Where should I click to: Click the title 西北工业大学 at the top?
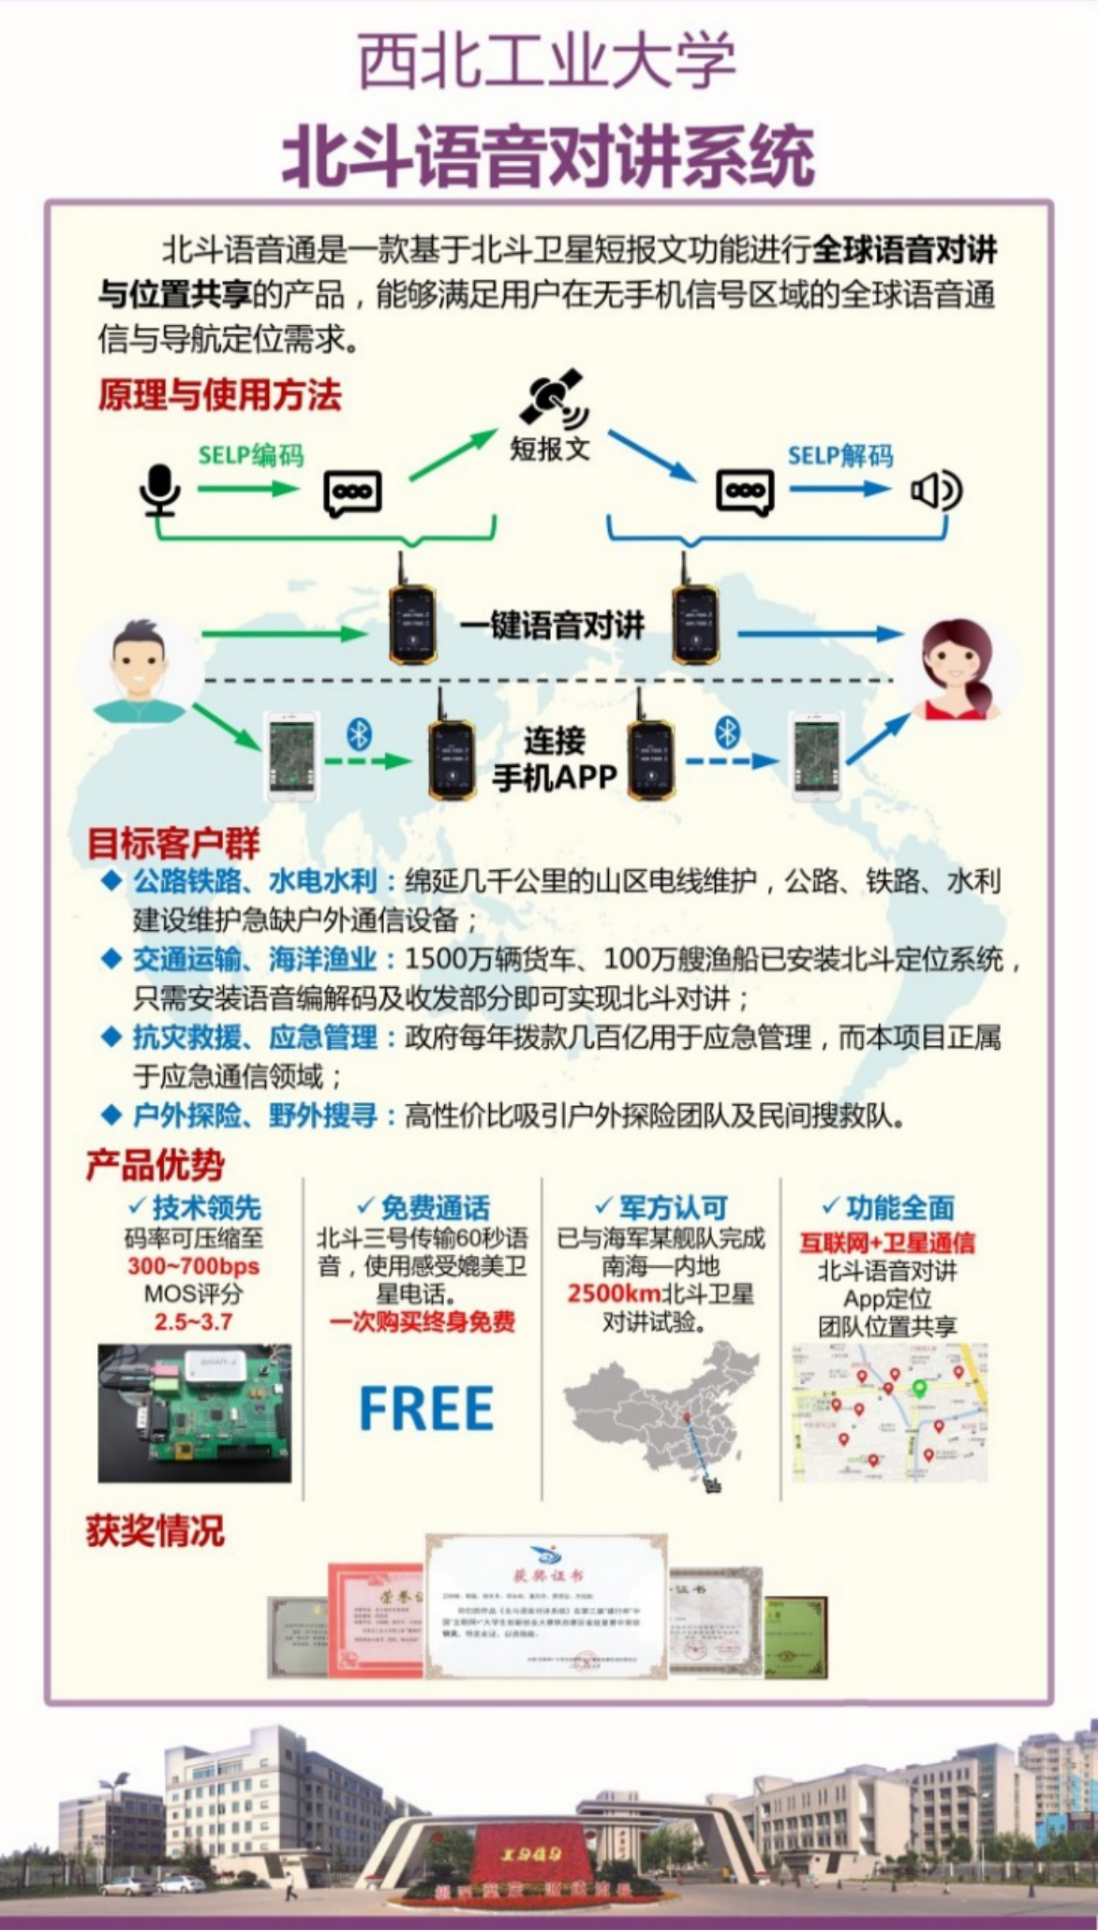548,61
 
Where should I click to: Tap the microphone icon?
160,490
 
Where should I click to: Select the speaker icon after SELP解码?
936,490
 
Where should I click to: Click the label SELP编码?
251,456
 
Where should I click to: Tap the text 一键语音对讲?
553,625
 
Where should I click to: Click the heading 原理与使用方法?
220,394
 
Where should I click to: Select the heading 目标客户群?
173,843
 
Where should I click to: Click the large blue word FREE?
426,1408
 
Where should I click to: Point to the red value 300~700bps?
193,1266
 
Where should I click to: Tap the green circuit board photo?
194,1414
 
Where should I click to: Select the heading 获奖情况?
156,1531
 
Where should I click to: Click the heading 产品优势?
156,1165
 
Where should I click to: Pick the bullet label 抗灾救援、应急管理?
255,1038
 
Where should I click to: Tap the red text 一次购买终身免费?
423,1321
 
